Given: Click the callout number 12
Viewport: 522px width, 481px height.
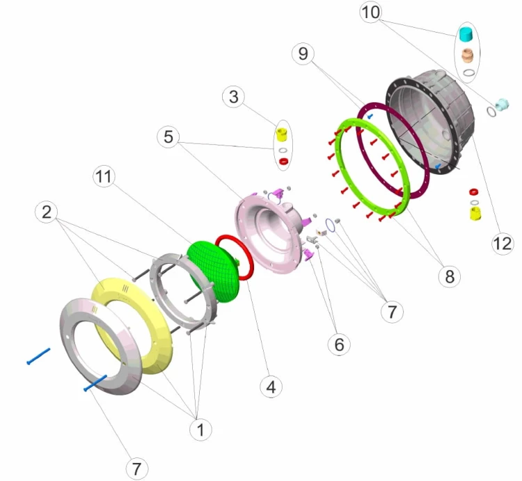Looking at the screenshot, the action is coord(503,244).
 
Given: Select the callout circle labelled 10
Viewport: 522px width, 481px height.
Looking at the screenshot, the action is coord(370,13).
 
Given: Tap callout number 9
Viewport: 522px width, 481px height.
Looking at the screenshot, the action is coord(303,54).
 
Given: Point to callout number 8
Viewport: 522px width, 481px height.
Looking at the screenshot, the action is coord(450,276).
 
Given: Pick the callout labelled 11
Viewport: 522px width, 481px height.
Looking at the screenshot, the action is coord(104,176).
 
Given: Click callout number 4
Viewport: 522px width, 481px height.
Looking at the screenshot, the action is coord(271,387).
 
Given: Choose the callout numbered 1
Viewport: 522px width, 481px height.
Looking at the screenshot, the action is coord(200,429).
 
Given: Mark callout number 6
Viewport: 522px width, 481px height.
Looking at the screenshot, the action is coord(339,344).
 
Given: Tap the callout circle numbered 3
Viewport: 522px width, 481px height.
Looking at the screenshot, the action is coord(233,97).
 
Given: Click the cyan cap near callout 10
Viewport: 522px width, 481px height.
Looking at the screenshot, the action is coord(466,34).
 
